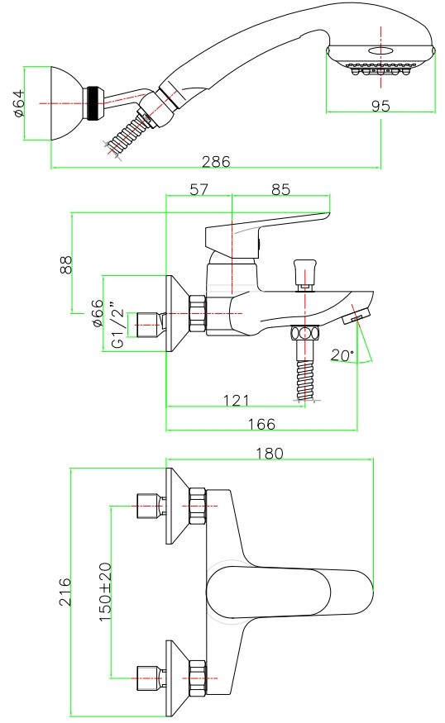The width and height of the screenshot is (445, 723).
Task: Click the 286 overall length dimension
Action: click(x=216, y=162)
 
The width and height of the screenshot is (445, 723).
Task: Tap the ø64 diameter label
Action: click(x=19, y=104)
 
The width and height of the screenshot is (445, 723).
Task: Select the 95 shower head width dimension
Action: click(x=380, y=106)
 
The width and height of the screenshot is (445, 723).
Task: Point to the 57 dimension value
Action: click(x=199, y=189)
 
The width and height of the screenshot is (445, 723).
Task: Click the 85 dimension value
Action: click(x=280, y=189)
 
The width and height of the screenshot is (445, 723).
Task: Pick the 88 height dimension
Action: click(x=66, y=264)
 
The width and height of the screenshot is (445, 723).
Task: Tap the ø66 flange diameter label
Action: click(x=98, y=313)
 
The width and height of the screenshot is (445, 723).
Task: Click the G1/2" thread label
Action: click(x=117, y=325)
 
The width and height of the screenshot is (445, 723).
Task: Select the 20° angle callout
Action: click(x=342, y=355)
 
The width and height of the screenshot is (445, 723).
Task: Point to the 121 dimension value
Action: click(x=237, y=400)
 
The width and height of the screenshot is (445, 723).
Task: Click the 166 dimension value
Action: click(x=261, y=424)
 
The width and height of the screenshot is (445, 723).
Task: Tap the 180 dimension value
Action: click(x=270, y=454)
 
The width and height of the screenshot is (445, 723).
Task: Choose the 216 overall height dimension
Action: click(x=65, y=592)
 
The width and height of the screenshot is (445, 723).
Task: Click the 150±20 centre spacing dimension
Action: click(x=105, y=592)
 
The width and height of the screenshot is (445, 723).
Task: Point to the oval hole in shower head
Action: click(x=380, y=50)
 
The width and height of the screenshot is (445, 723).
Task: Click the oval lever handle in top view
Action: click(x=289, y=592)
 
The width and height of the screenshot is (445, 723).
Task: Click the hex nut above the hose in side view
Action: click(x=304, y=333)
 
